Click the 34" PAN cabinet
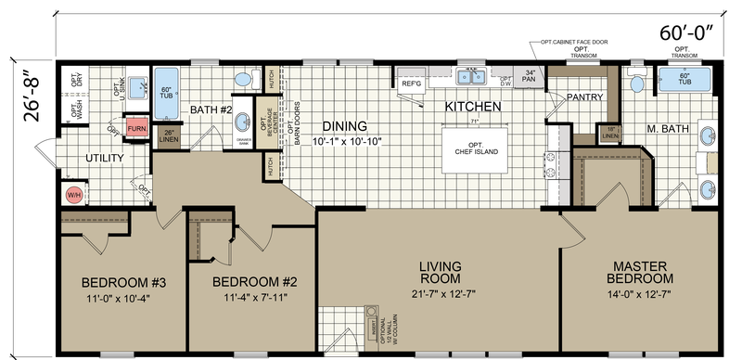(530, 77)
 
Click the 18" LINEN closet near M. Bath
(583, 133)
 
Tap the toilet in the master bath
(636, 84)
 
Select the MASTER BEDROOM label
(639, 272)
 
